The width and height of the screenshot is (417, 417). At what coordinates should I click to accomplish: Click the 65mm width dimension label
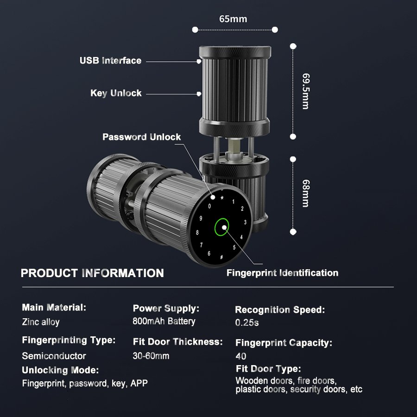pyautogui.click(x=233, y=19)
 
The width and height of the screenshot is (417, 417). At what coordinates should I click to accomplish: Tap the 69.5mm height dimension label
pyautogui.click(x=305, y=91)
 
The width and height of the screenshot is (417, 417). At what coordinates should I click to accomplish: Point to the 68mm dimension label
pyautogui.click(x=305, y=194)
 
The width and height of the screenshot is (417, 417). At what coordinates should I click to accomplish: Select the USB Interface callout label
pyautogui.click(x=110, y=61)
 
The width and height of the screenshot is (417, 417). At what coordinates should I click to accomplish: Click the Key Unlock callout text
pyautogui.click(x=116, y=93)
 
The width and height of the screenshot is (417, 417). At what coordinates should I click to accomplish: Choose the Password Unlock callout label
pyautogui.click(x=141, y=137)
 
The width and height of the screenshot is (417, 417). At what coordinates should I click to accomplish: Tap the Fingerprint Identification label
pyautogui.click(x=282, y=273)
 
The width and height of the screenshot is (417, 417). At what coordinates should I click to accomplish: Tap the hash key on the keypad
pyautogui.click(x=221, y=257)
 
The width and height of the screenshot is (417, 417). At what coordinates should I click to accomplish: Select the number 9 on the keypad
pyautogui.click(x=201, y=218)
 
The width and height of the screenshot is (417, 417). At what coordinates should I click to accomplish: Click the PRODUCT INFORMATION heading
pyautogui.click(x=92, y=273)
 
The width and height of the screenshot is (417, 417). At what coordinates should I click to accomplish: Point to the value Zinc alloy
pyautogui.click(x=41, y=322)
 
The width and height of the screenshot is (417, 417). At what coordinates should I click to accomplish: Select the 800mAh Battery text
pyautogui.click(x=164, y=321)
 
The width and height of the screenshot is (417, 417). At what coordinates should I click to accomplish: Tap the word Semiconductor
pyautogui.click(x=54, y=356)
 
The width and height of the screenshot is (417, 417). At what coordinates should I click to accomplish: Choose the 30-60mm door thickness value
pyautogui.click(x=151, y=356)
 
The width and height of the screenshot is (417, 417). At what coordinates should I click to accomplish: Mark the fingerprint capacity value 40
pyautogui.click(x=241, y=356)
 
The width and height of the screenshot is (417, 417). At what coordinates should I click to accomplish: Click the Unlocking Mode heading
pyautogui.click(x=60, y=370)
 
